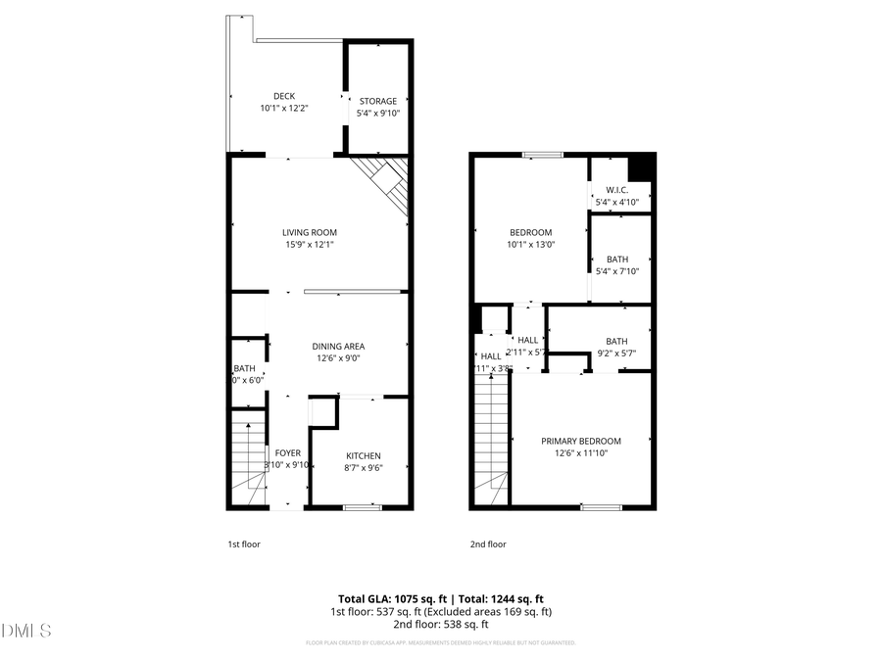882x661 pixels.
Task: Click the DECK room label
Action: [x=284, y=96]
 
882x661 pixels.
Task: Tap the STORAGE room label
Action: [x=378, y=101]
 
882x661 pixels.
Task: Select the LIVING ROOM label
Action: [x=309, y=232]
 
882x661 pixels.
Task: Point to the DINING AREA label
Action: [x=338, y=346]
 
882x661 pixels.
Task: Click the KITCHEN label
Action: [x=363, y=455]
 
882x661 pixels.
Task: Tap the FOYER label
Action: [x=288, y=452]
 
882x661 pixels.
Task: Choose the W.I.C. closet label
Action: [x=617, y=190]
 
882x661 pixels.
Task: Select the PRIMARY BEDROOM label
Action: [x=581, y=441]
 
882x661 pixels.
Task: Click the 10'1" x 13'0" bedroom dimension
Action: [x=531, y=245]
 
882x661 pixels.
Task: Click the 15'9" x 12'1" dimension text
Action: [x=309, y=245]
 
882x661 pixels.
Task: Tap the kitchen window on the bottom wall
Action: [x=362, y=507]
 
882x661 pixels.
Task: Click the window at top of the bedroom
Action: [x=542, y=154]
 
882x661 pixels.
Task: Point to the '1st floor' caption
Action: [x=244, y=543]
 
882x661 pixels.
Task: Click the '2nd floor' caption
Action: [x=488, y=543]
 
